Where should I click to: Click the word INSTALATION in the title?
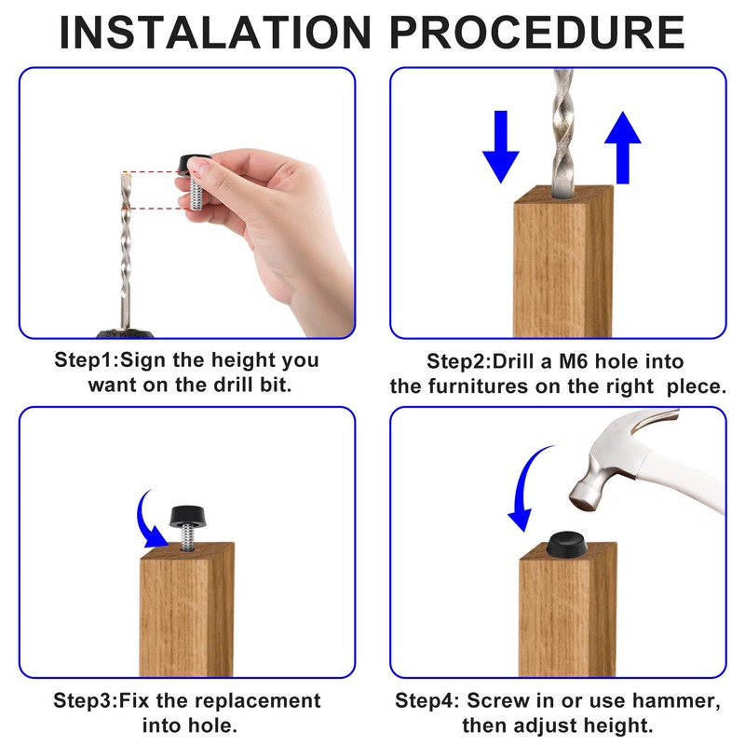point(215,33)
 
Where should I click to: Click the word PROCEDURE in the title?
point(537,33)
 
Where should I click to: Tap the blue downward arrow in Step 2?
point(501,147)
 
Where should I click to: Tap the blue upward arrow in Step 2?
point(622,147)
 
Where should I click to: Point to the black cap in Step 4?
point(566,544)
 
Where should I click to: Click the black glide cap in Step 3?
point(187,517)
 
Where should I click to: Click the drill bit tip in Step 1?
point(126,176)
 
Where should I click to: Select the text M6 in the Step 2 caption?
point(574,361)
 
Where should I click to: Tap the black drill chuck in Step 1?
point(126,333)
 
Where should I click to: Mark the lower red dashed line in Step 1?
point(156,208)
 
